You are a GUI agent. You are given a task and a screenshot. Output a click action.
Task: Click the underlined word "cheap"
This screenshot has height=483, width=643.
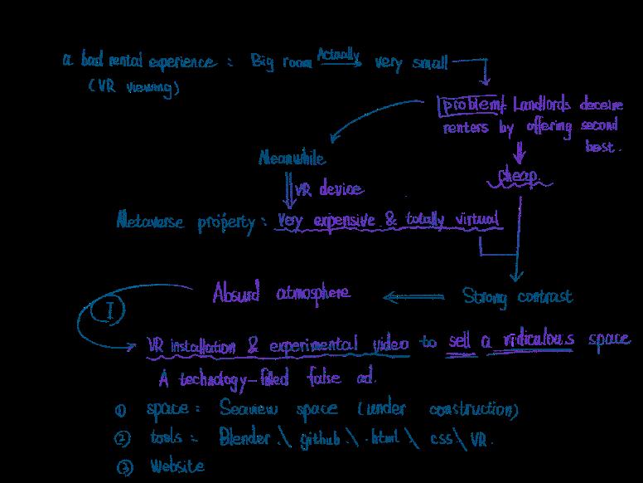coord(518,176)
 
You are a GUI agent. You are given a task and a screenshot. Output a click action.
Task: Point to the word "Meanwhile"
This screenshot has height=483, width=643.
coord(292,159)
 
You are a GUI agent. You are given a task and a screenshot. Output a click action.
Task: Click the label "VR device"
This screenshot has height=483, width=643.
coord(329,189)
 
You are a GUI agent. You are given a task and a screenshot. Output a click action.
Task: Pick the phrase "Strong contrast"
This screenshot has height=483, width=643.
coord(516,296)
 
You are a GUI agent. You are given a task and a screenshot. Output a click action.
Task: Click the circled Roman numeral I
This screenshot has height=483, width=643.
coord(112,310)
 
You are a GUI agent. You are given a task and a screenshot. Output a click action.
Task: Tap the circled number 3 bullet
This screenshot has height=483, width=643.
coord(123,467)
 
